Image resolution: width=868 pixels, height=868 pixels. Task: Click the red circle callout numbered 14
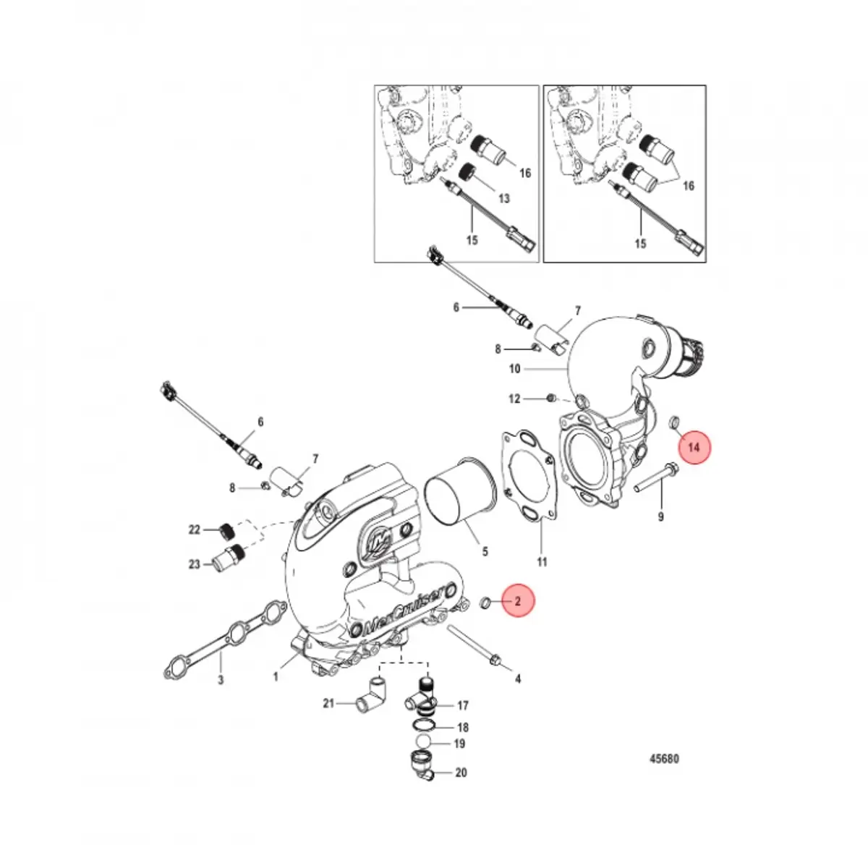point(694,448)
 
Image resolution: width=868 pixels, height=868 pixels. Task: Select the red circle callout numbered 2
point(517,601)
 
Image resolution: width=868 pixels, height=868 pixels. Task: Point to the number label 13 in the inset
point(503,199)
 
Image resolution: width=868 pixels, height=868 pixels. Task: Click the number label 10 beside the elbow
point(514,369)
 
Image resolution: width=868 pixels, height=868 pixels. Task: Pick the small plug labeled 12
point(552,399)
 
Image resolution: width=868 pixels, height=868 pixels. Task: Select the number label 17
point(462,705)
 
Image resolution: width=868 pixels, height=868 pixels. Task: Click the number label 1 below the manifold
point(276,677)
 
